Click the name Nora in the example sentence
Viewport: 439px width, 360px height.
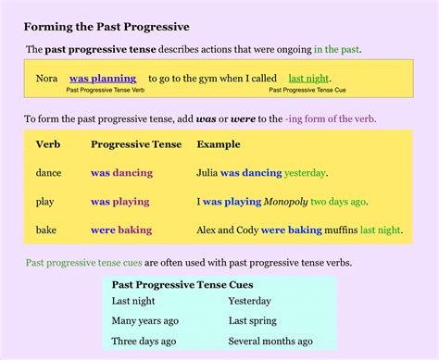click(x=46, y=79)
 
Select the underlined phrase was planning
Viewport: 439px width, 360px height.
click(x=102, y=79)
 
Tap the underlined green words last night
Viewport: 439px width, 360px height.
click(x=309, y=79)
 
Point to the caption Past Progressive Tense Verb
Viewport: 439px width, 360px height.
click(x=105, y=91)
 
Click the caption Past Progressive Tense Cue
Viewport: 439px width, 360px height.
click(x=307, y=91)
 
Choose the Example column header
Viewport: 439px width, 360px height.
click(x=219, y=144)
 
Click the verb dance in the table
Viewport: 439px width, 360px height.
click(x=48, y=173)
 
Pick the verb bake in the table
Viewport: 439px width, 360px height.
click(x=46, y=230)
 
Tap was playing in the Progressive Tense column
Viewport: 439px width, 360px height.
click(x=121, y=201)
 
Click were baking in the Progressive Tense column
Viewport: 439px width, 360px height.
click(x=121, y=230)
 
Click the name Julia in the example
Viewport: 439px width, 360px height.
click(x=207, y=173)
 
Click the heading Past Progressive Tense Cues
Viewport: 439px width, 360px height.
click(x=182, y=285)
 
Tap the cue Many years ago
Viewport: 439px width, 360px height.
click(x=144, y=321)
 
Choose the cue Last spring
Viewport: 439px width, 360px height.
click(x=252, y=321)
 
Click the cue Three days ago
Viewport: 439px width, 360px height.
click(x=144, y=341)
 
